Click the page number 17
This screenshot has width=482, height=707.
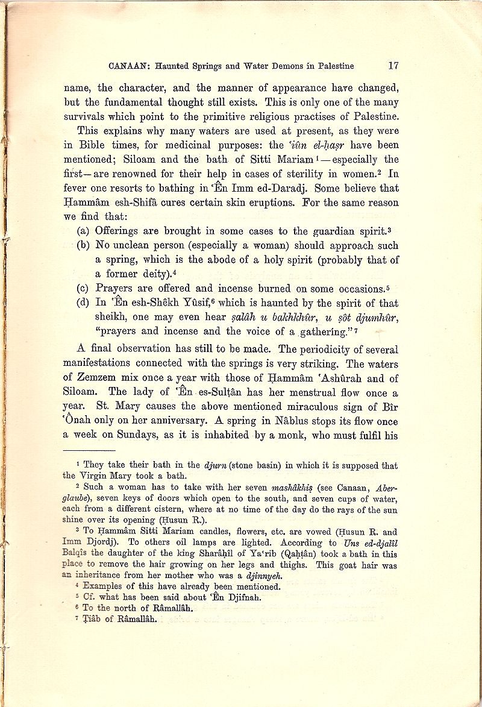[x=393, y=66]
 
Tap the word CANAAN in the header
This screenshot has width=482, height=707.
[x=128, y=66]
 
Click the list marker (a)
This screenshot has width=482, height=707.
[x=84, y=230]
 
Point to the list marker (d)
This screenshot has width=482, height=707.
[x=84, y=303]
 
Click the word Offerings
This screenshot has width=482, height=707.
[x=119, y=230]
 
